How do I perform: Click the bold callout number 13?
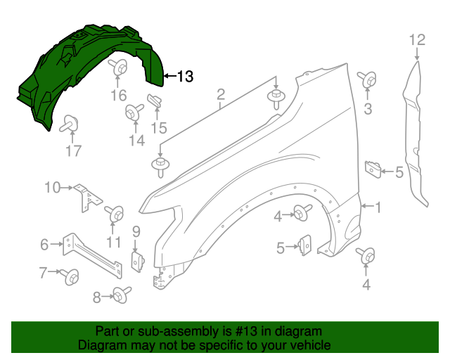click(186, 77)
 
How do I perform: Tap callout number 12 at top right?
click(417, 40)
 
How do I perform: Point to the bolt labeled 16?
click(118, 67)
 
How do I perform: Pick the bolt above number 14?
click(134, 111)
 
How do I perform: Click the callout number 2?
click(221, 94)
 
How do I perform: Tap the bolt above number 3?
click(367, 79)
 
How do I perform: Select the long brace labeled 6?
click(92, 255)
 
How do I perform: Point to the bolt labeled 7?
click(70, 277)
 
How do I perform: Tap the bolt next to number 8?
click(122, 295)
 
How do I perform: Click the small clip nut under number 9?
click(138, 262)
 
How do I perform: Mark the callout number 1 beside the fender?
click(378, 207)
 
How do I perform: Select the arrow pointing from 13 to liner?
click(170, 76)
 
